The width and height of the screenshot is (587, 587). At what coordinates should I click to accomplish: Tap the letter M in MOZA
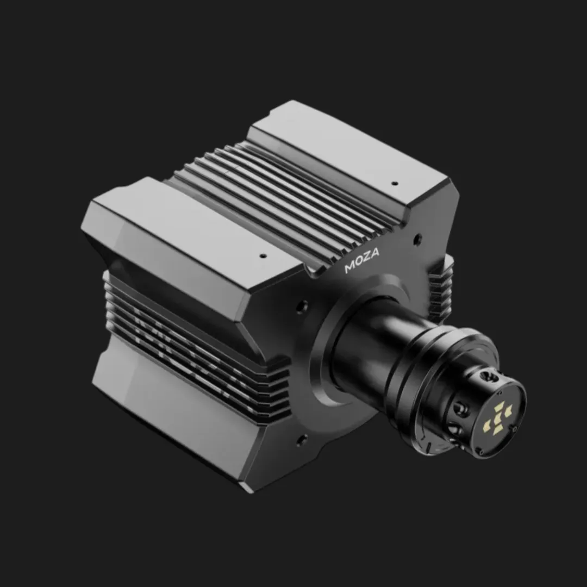coord(349,268)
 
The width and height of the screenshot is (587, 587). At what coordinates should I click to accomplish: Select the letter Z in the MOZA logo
coord(367,256)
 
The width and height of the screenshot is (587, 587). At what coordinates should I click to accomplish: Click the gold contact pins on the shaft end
coord(498,417)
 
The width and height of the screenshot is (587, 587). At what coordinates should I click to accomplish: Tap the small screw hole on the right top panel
coord(395,183)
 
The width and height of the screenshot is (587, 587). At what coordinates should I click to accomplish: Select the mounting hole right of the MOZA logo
coord(417,238)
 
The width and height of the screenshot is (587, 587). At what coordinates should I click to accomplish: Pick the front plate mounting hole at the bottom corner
coord(302,438)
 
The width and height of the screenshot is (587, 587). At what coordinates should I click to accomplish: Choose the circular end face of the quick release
coord(500,416)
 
